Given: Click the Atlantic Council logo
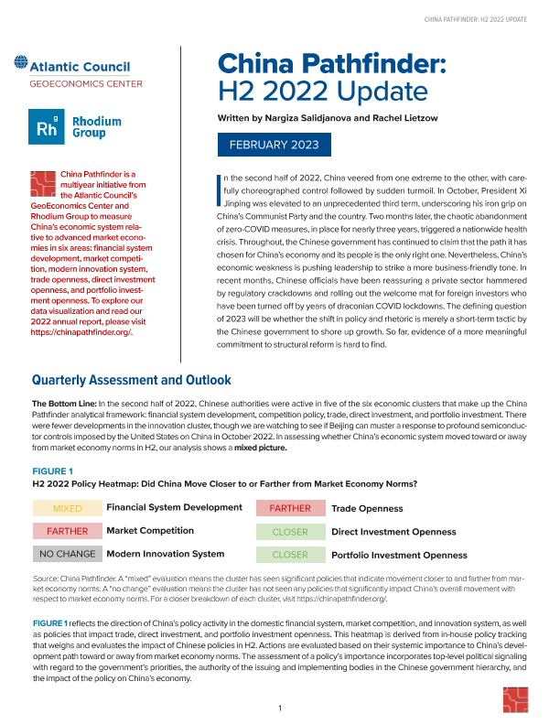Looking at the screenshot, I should tap(72, 67).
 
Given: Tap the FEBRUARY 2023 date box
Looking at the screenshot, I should tap(274, 145).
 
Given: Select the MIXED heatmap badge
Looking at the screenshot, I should tap(67, 508).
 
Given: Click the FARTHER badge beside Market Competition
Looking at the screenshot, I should tap(67, 531).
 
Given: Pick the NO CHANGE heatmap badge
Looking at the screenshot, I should tap(67, 554).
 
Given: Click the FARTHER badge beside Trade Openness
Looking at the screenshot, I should tap(290, 508).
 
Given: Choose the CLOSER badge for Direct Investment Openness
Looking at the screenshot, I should tap(290, 531).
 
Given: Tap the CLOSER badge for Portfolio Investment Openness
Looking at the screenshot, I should tap(290, 554).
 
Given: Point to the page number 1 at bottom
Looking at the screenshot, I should tap(280, 709).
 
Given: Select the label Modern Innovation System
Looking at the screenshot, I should tap(166, 554).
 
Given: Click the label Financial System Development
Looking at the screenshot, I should tap(175, 507).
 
